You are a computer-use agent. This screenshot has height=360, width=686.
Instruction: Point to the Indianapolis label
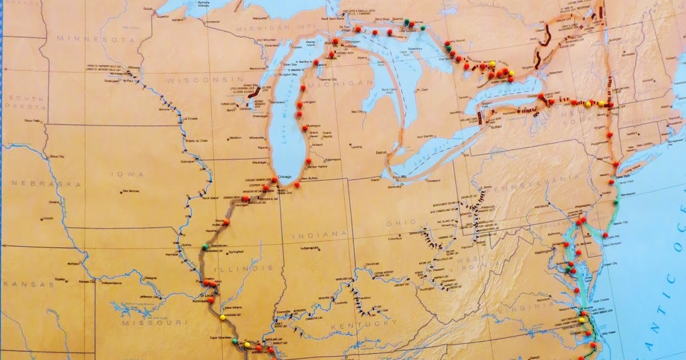click(312, 248)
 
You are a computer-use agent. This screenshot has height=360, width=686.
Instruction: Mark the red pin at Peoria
click(226, 222)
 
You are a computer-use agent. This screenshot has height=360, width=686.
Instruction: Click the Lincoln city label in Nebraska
click(48, 218)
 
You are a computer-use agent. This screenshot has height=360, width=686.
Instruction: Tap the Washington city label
click(543, 251)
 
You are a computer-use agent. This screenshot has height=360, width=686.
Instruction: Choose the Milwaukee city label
click(257, 138)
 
